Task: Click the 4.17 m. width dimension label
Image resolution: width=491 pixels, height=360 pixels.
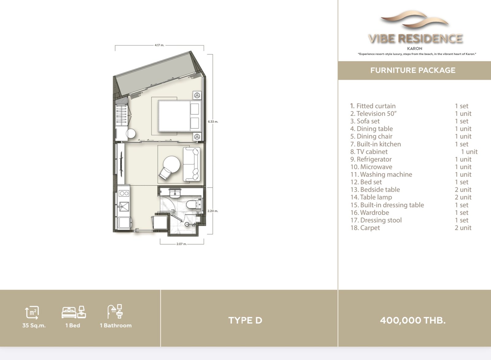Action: [159, 45]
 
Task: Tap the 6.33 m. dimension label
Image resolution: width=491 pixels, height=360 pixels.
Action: [213, 122]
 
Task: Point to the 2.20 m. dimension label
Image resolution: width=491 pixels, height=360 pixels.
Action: [213, 211]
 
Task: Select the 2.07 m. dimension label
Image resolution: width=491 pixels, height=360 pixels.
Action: [181, 244]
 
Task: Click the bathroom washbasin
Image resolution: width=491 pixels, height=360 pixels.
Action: [175, 192]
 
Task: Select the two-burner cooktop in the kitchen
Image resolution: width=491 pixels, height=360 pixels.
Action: [124, 193]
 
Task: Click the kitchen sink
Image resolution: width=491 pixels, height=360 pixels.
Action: [124, 207]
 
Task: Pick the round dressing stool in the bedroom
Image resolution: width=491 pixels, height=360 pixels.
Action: [131, 134]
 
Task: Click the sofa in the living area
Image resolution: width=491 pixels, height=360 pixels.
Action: [191, 164]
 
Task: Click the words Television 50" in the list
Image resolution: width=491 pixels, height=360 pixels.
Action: [377, 114]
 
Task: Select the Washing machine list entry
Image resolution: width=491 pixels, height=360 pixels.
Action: [381, 175]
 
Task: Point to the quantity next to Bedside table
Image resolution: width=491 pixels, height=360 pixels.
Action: [463, 190]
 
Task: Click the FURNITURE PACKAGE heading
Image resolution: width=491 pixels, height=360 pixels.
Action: [413, 70]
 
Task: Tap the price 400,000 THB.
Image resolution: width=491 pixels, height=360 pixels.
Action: [413, 320]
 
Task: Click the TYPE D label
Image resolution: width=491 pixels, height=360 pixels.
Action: [245, 320]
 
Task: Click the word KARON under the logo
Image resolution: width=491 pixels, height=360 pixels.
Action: [415, 48]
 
